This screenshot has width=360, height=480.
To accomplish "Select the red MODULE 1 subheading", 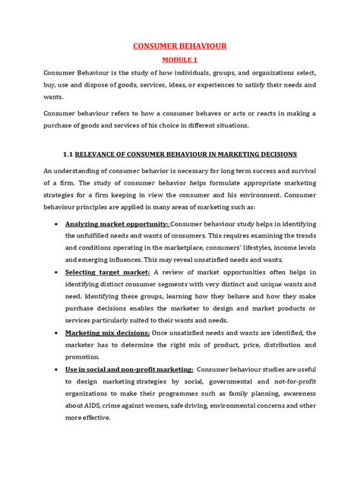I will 180,59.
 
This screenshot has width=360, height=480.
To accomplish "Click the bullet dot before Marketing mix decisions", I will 58,334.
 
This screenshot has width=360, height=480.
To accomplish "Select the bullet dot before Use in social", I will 58,368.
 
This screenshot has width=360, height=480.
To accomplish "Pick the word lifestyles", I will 261,247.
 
